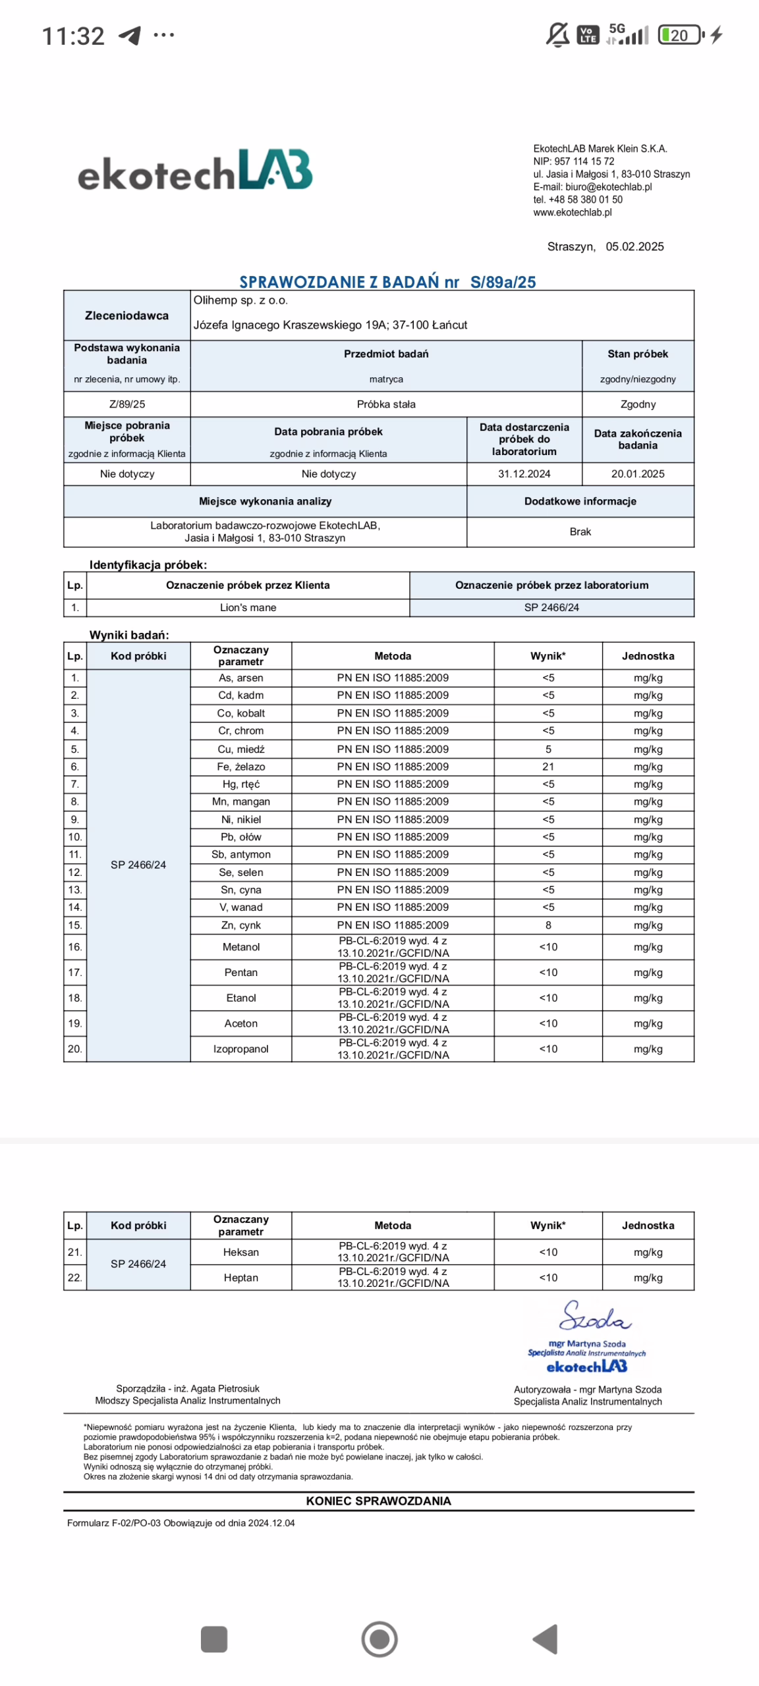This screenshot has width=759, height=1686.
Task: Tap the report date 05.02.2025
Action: pos(634,246)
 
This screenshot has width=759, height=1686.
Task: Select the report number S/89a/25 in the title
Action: pos(503,282)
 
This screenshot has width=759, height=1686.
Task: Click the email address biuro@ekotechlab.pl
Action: pos(608,186)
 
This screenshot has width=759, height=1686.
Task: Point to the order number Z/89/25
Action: pos(127,404)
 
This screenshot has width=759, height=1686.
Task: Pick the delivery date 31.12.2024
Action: pos(524,474)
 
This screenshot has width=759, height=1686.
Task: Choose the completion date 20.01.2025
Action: pos(637,474)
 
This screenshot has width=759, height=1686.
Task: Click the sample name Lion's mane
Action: pos(248,607)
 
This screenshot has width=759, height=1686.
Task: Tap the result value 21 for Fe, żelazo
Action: pos(548,766)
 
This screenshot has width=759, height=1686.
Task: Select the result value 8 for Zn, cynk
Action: pos(548,925)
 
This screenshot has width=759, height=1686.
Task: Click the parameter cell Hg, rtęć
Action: pos(241,784)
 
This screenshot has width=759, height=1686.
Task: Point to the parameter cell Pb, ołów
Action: pos(241,836)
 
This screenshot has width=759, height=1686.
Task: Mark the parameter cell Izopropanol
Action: pos(241,1048)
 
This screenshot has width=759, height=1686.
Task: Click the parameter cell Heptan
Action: pos(241,1277)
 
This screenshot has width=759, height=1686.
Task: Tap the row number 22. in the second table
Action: pos(75,1277)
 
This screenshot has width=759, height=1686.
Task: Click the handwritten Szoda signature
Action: pos(595,1316)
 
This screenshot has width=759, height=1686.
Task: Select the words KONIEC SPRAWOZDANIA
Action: pos(379,1500)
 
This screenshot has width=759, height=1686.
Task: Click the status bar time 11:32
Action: pos(73,36)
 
